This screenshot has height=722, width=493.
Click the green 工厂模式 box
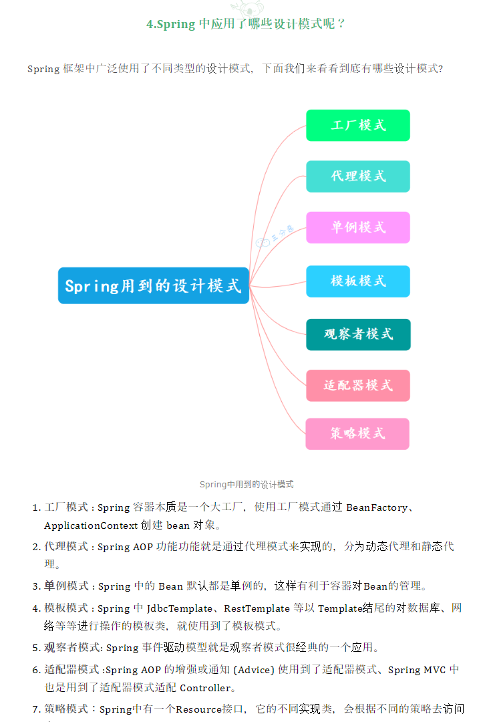point(357,125)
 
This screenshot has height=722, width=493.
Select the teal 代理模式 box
point(357,176)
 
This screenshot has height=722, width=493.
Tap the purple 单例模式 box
point(357,227)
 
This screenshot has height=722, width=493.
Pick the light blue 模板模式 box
point(357,281)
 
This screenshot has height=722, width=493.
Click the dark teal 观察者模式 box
point(358,334)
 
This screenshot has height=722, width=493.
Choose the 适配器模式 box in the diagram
point(357,385)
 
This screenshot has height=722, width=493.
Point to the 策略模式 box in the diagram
point(357,433)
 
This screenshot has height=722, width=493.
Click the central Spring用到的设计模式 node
point(153,286)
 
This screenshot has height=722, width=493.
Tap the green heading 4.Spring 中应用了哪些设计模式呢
point(246,24)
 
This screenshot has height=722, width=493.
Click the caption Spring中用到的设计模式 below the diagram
point(246,484)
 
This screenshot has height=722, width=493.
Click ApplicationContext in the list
point(91,525)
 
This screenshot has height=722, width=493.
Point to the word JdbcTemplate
point(179,608)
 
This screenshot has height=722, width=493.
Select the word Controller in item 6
point(205,688)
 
